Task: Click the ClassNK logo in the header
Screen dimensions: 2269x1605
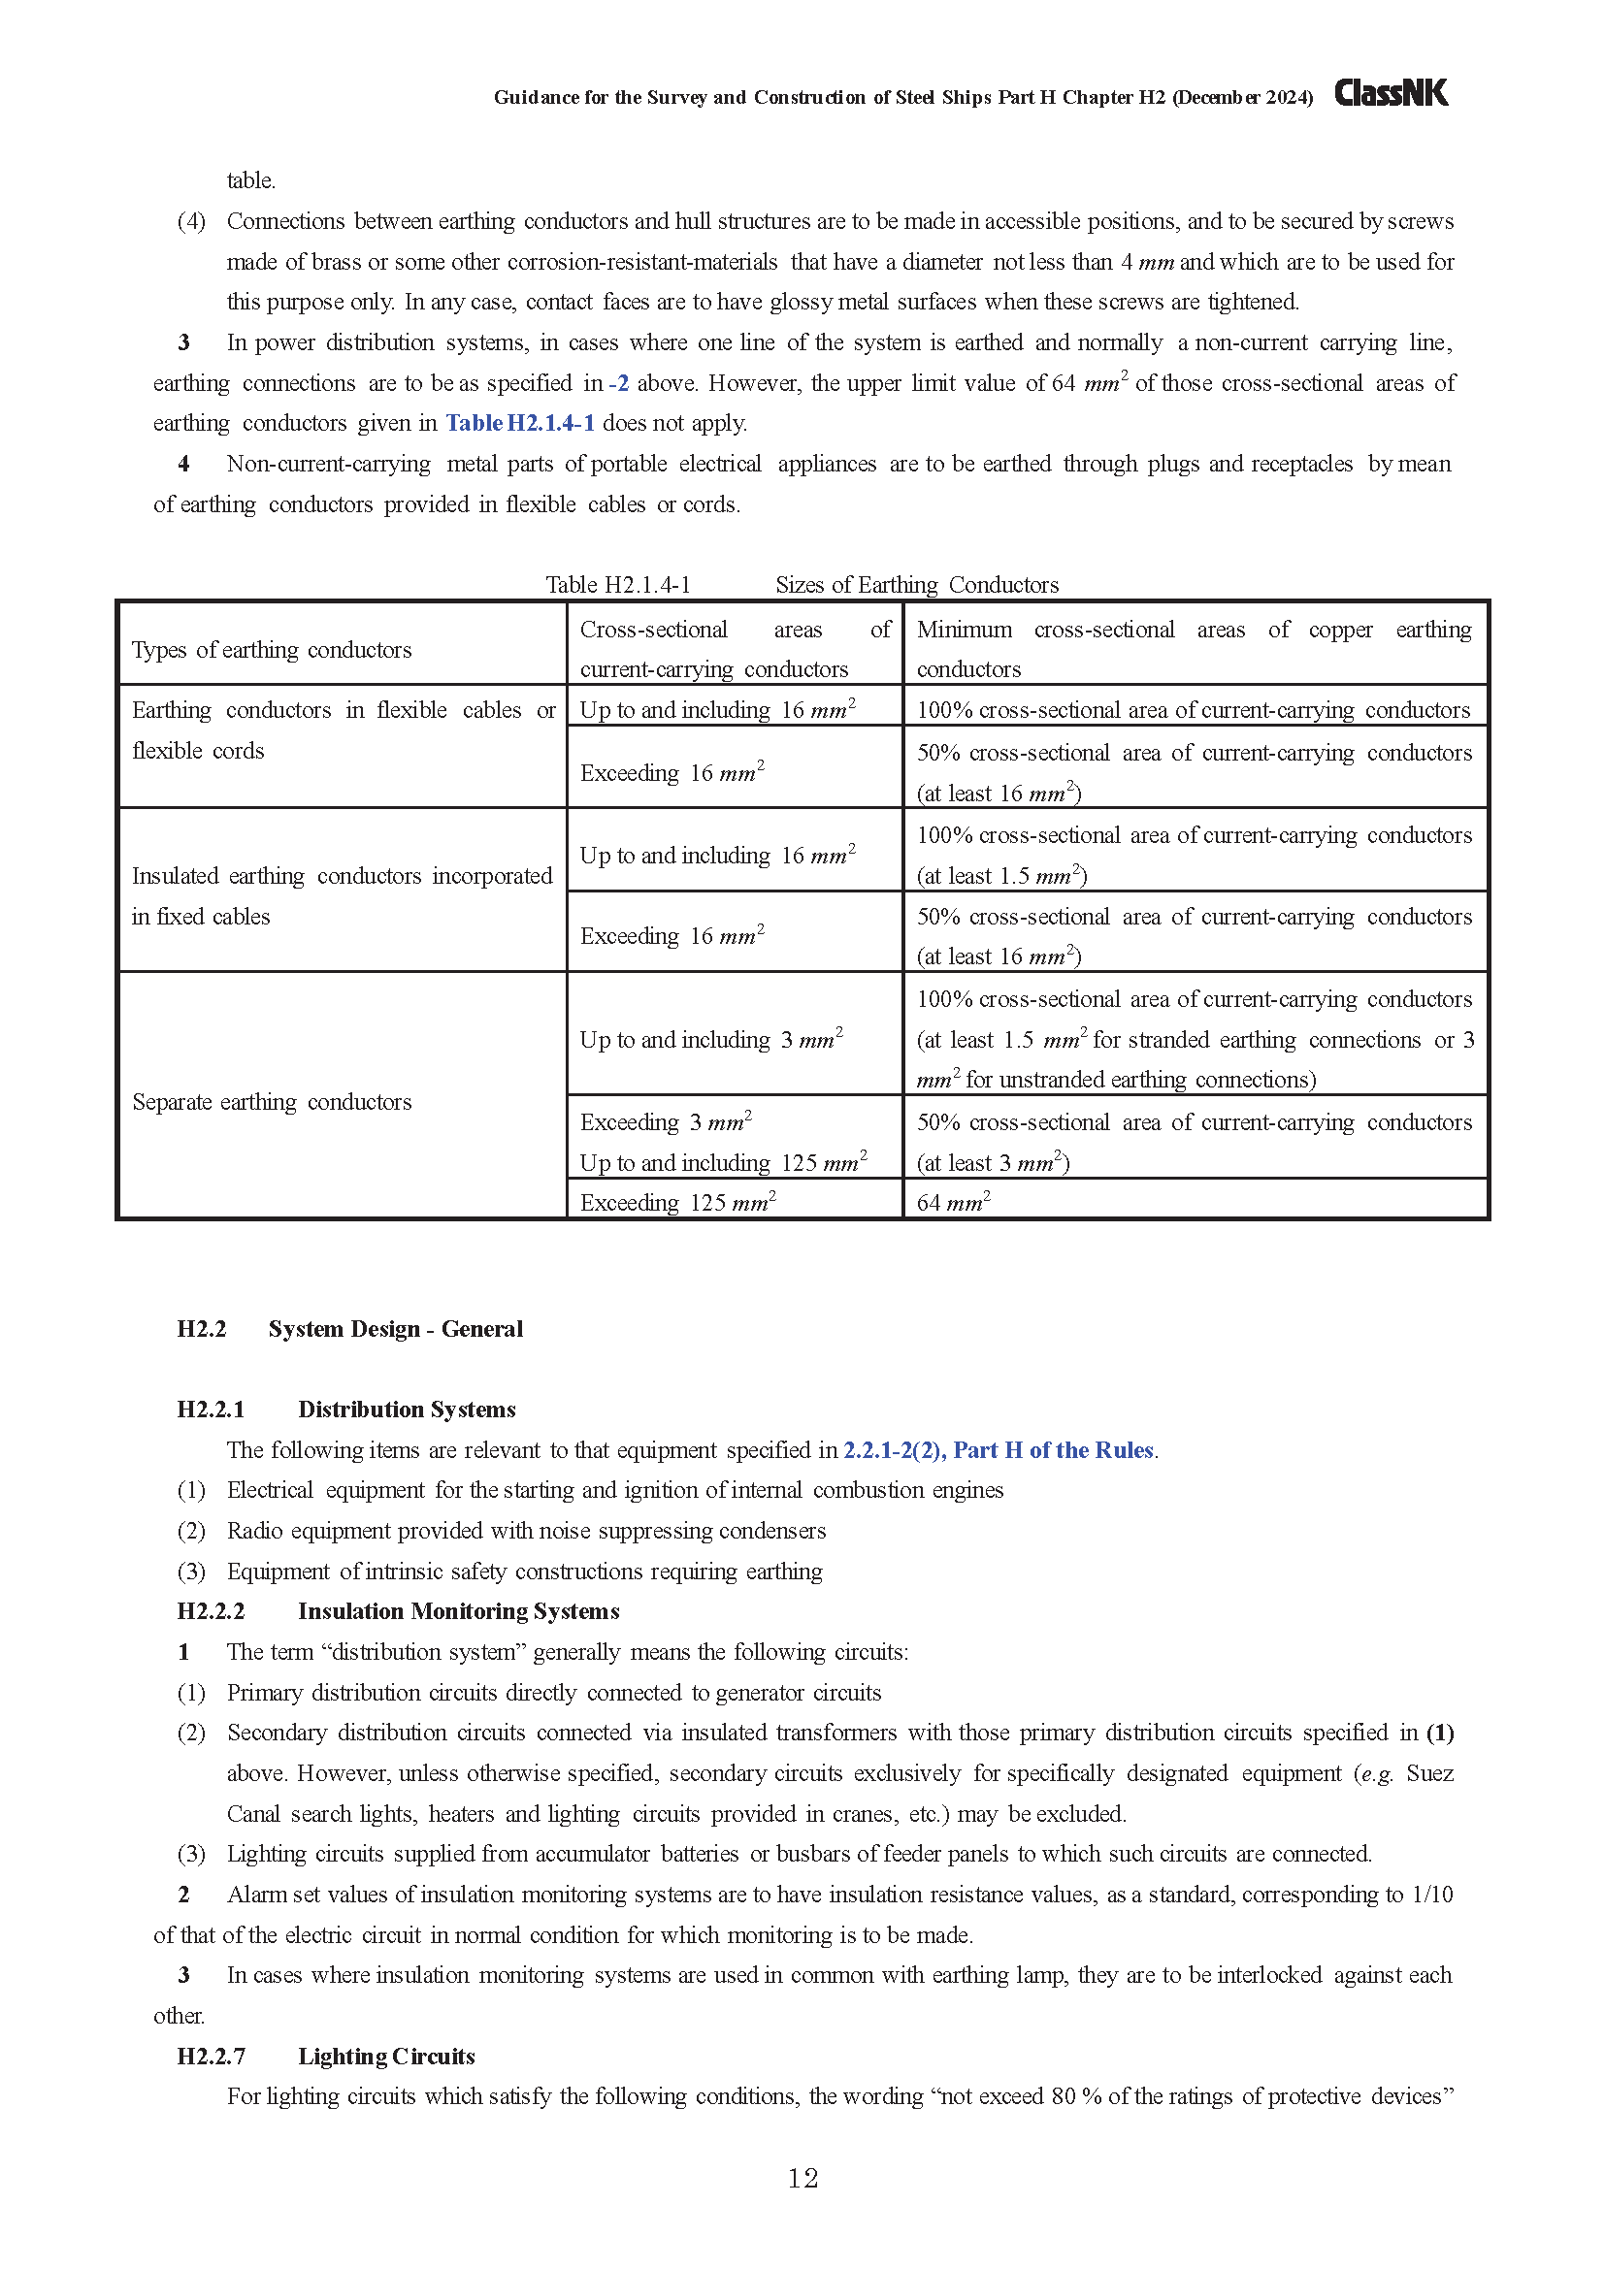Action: coord(1391,94)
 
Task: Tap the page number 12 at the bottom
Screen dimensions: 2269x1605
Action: coord(802,2178)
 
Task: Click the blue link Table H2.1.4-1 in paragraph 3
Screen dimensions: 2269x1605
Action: coord(520,423)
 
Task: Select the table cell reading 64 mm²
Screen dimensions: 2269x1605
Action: coord(953,1203)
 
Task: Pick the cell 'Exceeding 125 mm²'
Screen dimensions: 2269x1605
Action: coord(678,1203)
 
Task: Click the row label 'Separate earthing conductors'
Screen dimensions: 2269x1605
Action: coord(272,1102)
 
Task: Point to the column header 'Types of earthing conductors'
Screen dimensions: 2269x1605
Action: coord(272,650)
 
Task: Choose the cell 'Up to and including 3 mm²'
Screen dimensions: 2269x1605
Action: coord(710,1040)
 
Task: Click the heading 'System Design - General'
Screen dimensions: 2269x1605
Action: coord(395,1329)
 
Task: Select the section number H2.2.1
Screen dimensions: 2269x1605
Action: coord(211,1410)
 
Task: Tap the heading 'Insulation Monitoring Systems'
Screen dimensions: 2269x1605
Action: coord(459,1611)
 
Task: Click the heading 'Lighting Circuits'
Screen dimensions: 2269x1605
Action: coord(386,2057)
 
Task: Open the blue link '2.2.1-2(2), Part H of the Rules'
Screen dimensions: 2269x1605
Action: coord(999,1449)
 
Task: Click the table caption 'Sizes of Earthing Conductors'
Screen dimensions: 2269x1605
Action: coord(916,585)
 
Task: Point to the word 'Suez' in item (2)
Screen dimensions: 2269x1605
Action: coord(1429,1773)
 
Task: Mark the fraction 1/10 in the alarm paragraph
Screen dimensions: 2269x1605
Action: coord(1432,1895)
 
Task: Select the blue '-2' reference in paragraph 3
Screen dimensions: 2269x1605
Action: coord(619,383)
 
